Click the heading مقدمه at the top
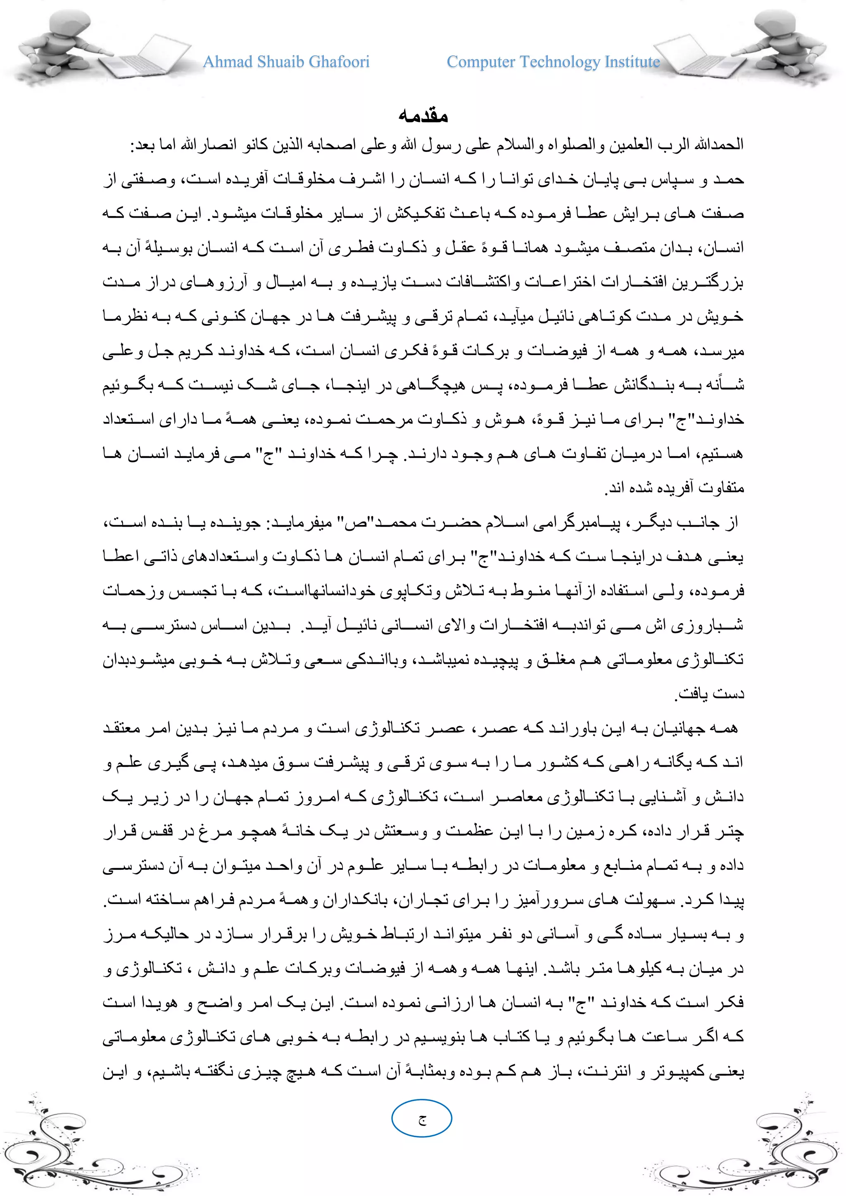coord(423,115)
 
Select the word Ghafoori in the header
coord(339,62)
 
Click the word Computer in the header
coord(481,62)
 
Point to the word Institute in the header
coord(632,62)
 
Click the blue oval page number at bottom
coord(421,1118)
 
